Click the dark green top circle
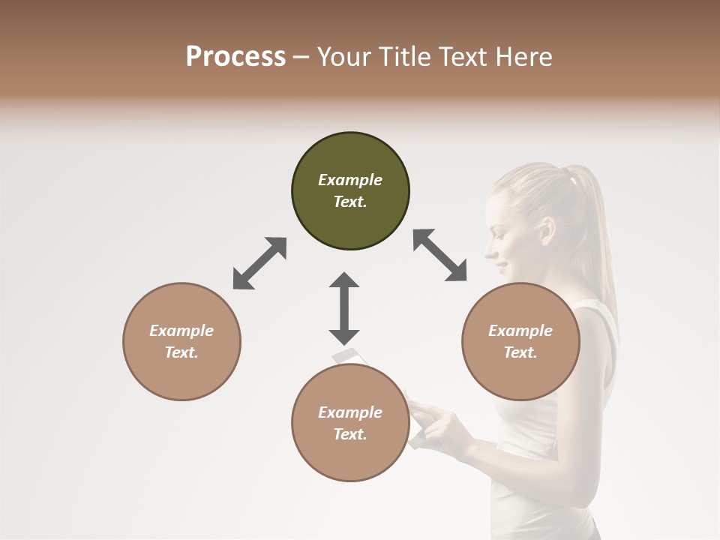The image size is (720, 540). point(350,191)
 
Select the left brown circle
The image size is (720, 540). point(181,341)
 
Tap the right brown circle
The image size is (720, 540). point(520,341)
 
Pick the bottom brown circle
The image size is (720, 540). point(350,423)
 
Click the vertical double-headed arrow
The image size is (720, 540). point(344,308)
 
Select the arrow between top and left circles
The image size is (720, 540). point(259,263)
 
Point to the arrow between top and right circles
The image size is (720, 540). point(440,255)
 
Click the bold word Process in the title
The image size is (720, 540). point(235,56)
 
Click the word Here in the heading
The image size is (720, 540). point(525,56)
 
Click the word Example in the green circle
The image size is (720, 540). point(350,180)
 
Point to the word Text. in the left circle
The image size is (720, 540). point(181,352)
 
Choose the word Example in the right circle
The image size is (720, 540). point(520,331)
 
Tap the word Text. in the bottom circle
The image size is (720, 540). point(350,434)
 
